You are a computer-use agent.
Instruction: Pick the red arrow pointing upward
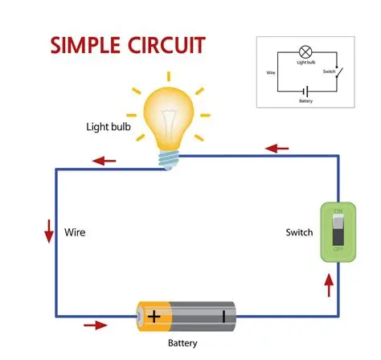(326, 283)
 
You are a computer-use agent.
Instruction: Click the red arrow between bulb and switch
(277, 149)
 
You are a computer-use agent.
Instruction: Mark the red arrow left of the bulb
(104, 161)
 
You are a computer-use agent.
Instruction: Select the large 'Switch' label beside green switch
(299, 233)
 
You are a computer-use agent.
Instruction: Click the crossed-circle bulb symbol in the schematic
(305, 51)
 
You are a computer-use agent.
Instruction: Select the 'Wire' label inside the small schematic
(271, 72)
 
